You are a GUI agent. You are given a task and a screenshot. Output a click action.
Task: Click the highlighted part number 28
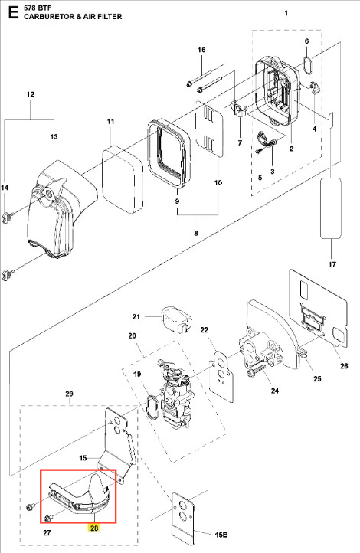[x=94, y=528]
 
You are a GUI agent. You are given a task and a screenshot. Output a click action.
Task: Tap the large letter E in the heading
[x=13, y=12]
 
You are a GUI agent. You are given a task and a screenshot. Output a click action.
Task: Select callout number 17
[x=332, y=264]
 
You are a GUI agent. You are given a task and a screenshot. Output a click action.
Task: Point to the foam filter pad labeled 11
[x=123, y=180]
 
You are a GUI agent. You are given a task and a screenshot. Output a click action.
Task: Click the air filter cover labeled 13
[x=63, y=208]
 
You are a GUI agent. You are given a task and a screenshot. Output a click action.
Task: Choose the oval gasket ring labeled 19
[x=152, y=407]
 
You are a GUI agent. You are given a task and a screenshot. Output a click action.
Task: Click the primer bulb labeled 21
[x=175, y=319]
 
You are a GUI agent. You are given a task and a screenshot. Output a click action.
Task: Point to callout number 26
[x=344, y=366]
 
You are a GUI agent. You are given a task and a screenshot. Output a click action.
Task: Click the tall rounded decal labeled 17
[x=331, y=209]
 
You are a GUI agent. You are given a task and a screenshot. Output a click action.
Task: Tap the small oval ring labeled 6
[x=308, y=65]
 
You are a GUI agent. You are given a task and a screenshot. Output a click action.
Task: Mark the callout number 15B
[x=221, y=535]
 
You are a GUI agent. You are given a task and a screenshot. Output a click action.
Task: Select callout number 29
[x=69, y=394]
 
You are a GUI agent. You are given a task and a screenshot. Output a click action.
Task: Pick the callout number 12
[x=31, y=94]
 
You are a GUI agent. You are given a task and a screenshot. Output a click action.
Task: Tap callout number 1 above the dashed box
[x=286, y=13]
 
